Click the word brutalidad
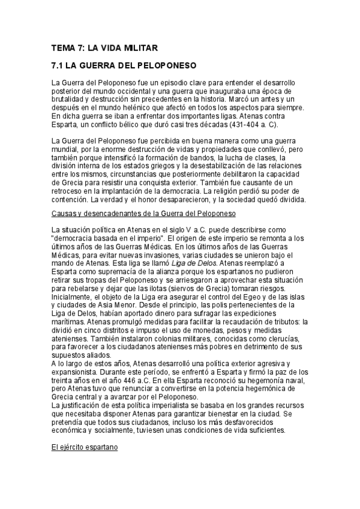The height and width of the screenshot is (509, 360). (x=70, y=99)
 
